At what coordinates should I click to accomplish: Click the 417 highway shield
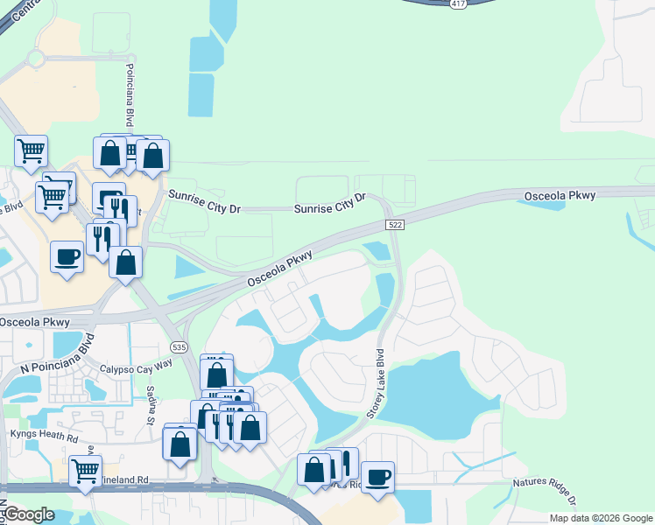(x=458, y=4)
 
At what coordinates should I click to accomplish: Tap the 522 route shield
(x=394, y=226)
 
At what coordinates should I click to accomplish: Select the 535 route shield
(x=179, y=347)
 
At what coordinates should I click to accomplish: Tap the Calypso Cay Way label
(x=137, y=370)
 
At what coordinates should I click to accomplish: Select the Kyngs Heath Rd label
(x=44, y=434)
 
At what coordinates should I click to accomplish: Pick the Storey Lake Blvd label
(x=374, y=384)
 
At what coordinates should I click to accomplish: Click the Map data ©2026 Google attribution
(x=600, y=518)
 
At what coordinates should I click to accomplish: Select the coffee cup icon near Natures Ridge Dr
(x=378, y=478)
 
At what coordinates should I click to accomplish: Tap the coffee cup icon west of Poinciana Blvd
(x=67, y=257)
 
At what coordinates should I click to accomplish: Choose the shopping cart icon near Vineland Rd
(x=85, y=472)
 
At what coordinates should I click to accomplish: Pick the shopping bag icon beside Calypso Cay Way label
(x=216, y=374)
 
